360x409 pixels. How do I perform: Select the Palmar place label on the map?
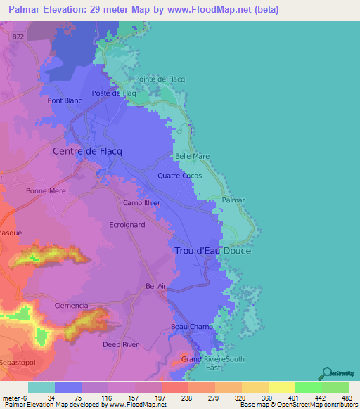[233, 200]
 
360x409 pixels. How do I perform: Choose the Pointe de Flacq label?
[160, 79]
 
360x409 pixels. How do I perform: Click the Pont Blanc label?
[65, 100]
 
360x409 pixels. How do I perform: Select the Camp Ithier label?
[141, 203]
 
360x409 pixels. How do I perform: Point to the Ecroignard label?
[127, 226]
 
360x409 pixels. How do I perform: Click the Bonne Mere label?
[45, 190]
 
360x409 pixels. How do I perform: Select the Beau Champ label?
[191, 327]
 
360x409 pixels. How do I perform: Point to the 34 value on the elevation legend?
[51, 397]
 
